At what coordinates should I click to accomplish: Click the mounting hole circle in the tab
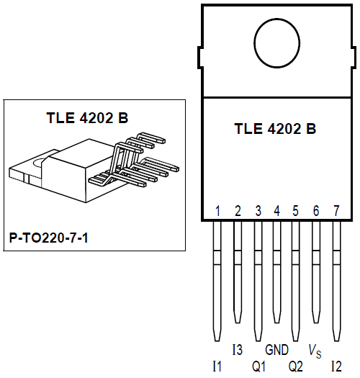[x=277, y=41]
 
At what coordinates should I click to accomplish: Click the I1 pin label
[x=217, y=366]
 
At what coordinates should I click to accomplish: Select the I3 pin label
[x=238, y=350]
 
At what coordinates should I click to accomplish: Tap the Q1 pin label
[x=258, y=366]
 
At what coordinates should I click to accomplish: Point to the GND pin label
[x=277, y=350]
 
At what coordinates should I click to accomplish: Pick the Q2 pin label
[x=295, y=366]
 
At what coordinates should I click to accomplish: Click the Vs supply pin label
[x=315, y=351]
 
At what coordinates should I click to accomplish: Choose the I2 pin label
[x=336, y=366]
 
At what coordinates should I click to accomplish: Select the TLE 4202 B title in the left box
[x=86, y=118]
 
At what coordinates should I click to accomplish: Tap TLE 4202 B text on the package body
[x=275, y=130]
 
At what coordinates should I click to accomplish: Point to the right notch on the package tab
[x=354, y=58]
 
